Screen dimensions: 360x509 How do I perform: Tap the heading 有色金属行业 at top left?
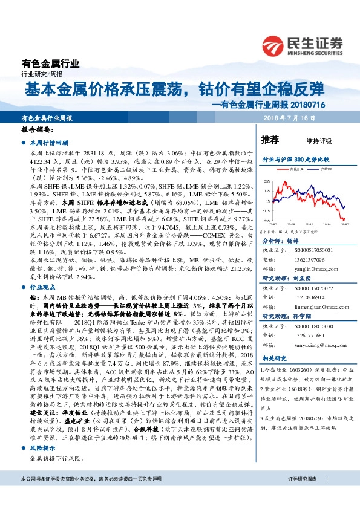point(50,64)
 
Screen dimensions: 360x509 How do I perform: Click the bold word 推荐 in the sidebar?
point(269,140)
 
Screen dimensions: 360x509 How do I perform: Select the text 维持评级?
point(319,141)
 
